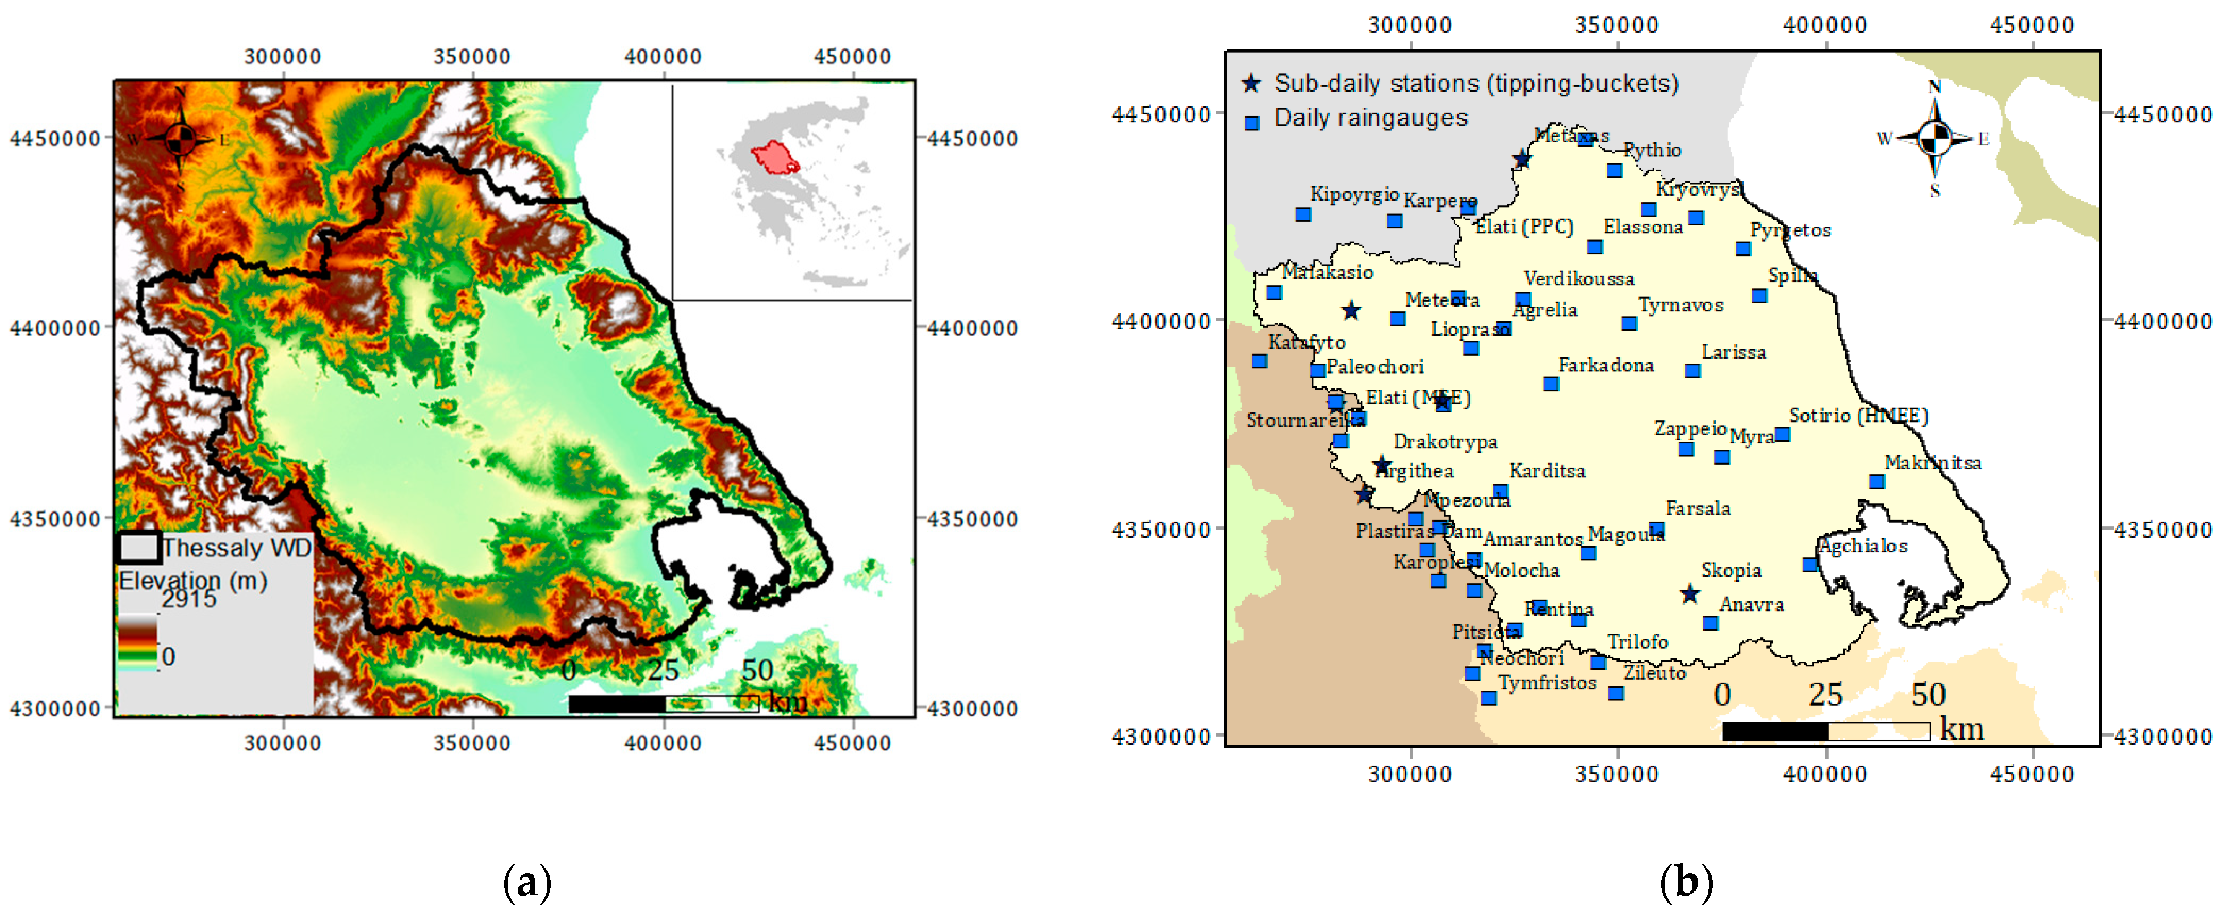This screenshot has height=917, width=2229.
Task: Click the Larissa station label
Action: pos(1733,352)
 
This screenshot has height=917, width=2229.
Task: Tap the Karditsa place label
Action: pos(1547,471)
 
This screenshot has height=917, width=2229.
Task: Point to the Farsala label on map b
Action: pos(1698,508)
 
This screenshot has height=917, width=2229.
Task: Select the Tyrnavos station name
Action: pos(1680,305)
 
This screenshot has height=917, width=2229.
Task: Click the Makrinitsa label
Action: pos(1932,463)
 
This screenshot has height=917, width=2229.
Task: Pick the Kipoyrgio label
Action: pos(1354,194)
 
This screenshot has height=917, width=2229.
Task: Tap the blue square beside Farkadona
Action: pos(1551,384)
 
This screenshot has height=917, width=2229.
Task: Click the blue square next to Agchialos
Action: pos(1809,565)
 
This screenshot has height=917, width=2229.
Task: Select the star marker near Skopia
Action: pos(1690,594)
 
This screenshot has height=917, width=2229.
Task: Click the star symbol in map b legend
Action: pos(1251,84)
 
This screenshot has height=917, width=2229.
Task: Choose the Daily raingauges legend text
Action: pos(1371,118)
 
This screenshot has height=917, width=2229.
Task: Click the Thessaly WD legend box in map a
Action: pos(138,547)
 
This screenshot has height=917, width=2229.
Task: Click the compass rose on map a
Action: pos(180,138)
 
